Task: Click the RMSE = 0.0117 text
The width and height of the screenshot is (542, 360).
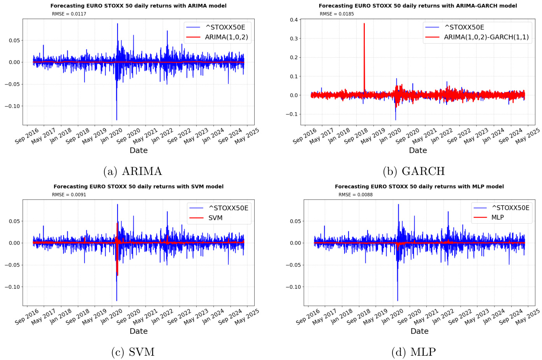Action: tap(69, 14)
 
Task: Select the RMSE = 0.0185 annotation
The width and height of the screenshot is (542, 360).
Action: tap(337, 14)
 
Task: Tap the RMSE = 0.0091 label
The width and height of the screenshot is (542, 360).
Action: tap(69, 195)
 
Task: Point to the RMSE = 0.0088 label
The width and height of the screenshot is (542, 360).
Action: tap(355, 195)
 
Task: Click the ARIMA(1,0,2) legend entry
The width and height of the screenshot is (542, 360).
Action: tap(226, 37)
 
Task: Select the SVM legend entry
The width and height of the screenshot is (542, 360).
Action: tap(215, 218)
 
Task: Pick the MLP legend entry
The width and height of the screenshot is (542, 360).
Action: tap(497, 217)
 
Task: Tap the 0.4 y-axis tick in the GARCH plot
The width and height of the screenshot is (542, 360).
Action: tap(294, 20)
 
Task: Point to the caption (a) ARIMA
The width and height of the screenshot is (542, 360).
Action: tap(132, 171)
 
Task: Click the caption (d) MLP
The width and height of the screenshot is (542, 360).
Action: tap(414, 352)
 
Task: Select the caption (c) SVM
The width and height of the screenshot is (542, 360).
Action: tap(133, 352)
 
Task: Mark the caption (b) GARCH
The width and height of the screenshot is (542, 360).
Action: tap(414, 171)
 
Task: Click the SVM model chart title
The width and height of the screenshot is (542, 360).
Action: tap(138, 187)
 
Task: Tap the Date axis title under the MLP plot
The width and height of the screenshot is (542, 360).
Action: tap(419, 331)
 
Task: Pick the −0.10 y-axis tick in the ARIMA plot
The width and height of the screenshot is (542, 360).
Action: tap(12, 106)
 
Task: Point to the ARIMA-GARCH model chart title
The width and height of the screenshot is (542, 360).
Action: tap(418, 6)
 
